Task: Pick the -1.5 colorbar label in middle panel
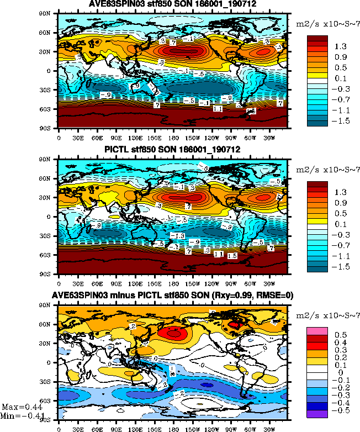pos(338,265)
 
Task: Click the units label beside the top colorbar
pos(327,25)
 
